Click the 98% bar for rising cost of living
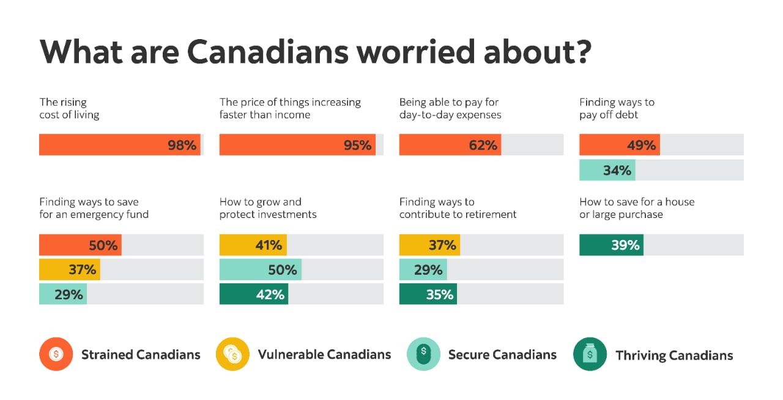point(119,145)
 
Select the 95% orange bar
point(297,145)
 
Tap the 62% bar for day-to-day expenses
point(450,145)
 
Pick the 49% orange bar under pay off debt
point(619,145)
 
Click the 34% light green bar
point(607,170)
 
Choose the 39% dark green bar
point(611,245)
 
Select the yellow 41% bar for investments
point(253,245)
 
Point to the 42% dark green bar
point(253,294)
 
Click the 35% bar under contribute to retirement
point(428,294)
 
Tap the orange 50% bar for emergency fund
point(80,245)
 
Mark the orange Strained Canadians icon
point(56,354)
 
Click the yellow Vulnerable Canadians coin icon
point(232,354)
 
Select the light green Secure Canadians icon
point(423,354)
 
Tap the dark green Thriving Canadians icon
point(590,354)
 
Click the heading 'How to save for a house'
point(637,202)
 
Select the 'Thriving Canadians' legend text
point(674,355)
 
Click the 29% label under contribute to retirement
point(428,269)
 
